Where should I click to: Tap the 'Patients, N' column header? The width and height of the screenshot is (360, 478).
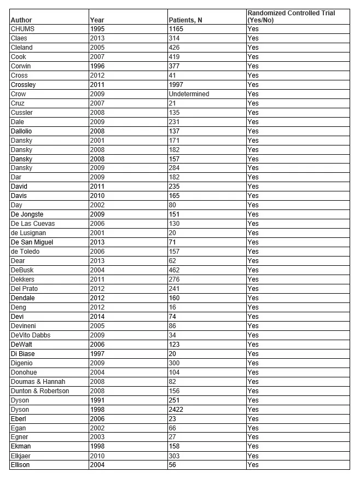tap(185, 21)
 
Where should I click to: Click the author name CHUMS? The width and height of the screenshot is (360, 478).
tap(22, 29)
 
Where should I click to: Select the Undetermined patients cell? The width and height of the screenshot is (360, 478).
tap(189, 94)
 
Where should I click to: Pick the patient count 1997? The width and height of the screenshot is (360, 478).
tap(176, 85)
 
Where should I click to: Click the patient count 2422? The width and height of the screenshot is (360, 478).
tap(176, 409)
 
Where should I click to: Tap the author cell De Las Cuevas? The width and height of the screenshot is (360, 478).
tap(33, 224)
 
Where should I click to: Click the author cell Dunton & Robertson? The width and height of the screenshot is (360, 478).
tap(40, 390)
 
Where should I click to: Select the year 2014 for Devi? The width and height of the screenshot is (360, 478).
tap(97, 316)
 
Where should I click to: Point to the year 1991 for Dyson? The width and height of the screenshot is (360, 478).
tap(97, 400)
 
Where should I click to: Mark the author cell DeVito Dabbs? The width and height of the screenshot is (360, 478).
tap(31, 335)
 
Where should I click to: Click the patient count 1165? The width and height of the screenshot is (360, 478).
tap(176, 29)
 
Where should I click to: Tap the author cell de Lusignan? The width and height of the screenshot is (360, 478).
tap(28, 233)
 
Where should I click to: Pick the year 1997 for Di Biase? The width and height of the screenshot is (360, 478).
tap(97, 353)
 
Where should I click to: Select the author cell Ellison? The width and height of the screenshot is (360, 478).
tap(20, 465)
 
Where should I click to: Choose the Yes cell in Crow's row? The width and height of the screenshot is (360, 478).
tap(253, 94)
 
